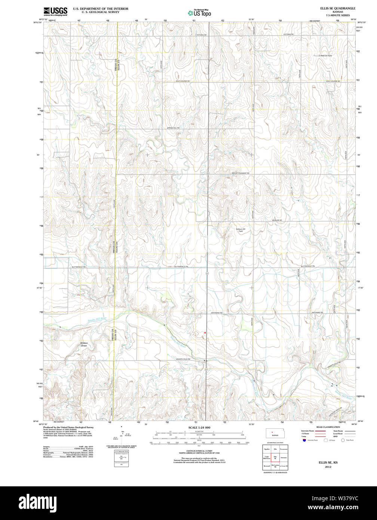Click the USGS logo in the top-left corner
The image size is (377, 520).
point(55,11)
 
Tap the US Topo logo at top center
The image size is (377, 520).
point(199,12)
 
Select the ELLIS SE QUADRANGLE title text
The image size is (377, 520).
point(337,8)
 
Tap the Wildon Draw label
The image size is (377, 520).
point(84,344)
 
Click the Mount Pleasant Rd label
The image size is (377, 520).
point(240,173)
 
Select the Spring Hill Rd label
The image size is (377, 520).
point(173,128)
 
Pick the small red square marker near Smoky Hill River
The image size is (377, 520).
point(205,332)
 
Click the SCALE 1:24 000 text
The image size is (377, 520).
point(199,428)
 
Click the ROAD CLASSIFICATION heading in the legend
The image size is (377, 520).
point(328,427)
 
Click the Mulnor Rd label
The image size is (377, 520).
point(277,220)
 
